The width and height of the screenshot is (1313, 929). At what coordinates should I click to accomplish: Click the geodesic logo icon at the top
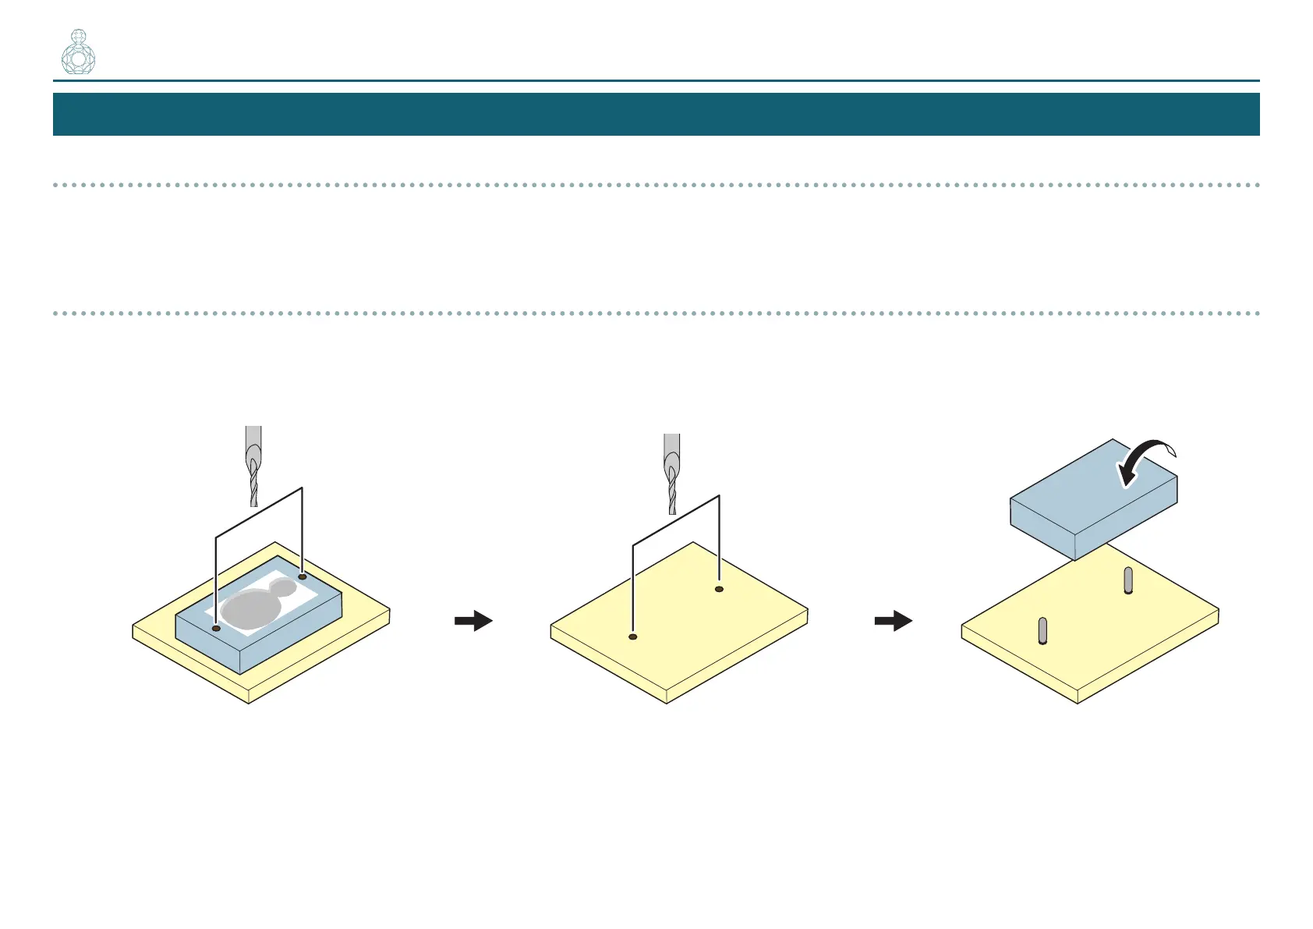[78, 52]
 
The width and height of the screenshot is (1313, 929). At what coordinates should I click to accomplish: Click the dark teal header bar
[656, 114]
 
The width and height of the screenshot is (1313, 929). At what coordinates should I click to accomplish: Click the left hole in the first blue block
[216, 627]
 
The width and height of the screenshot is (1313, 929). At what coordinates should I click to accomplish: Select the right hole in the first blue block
[303, 576]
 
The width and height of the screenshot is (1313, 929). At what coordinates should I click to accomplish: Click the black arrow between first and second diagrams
[473, 621]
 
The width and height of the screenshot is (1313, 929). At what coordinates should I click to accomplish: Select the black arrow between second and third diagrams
[893, 621]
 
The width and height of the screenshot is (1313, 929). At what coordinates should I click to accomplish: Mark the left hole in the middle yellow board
[633, 637]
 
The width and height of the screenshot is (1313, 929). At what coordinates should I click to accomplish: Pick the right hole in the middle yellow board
[719, 589]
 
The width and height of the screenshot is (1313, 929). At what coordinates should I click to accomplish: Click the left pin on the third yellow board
[1042, 630]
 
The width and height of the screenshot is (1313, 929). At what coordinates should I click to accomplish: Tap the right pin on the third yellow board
[1128, 580]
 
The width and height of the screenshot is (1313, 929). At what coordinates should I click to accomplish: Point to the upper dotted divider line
[656, 185]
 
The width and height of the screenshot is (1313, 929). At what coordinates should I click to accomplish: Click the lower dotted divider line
[656, 314]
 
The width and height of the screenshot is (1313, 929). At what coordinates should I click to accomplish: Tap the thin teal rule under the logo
[656, 80]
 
